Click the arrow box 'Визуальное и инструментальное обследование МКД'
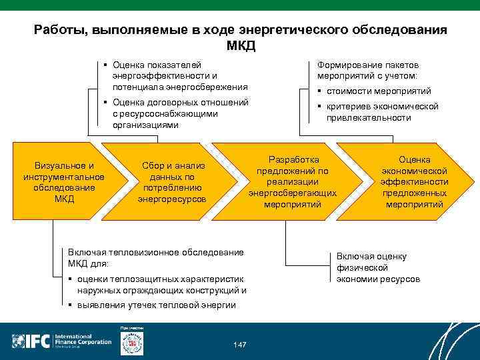[63, 181]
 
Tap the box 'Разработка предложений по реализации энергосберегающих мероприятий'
[293, 181]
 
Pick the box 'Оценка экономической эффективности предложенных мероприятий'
[414, 181]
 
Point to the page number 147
[240, 344]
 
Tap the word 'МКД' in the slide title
[240, 47]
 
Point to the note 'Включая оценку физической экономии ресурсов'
[377, 267]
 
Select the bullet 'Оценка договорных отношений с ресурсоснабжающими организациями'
[180, 113]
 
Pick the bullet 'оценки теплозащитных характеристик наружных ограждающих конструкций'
[160, 285]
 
